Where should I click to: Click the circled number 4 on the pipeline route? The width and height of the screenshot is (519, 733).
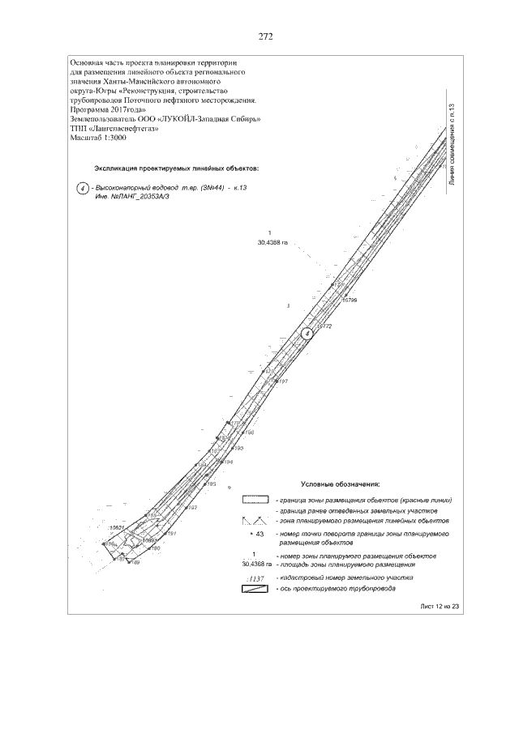point(307,332)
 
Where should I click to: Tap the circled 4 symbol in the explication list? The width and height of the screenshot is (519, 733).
point(82,188)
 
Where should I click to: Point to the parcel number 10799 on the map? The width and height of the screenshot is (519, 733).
point(350,300)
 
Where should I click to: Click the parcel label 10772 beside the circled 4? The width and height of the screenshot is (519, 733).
point(324,326)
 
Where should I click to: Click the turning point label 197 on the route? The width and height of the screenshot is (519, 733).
point(284,381)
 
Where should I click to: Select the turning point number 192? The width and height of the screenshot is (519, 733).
point(192,507)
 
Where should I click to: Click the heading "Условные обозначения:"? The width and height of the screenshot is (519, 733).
point(334,484)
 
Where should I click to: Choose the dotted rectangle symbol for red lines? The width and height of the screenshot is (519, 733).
point(255,499)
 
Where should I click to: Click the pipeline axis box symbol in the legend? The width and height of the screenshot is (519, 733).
point(255,589)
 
